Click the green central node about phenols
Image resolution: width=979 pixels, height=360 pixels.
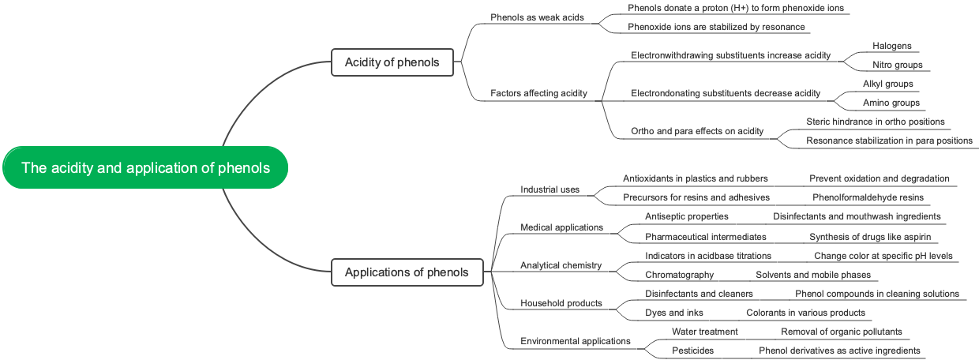coord(145,167)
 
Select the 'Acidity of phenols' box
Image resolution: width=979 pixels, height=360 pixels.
coord(392,62)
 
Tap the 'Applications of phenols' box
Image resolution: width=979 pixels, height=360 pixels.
coord(407,272)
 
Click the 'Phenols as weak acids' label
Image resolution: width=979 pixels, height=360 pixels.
coord(537,17)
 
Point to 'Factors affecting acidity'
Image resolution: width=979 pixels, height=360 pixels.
coord(538,93)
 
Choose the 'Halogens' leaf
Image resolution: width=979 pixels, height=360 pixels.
coord(891,46)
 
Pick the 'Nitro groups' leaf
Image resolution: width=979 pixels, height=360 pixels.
coord(897,65)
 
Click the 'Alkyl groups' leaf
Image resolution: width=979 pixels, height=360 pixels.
coord(887,84)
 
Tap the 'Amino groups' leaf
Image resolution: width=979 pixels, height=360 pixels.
coord(891,103)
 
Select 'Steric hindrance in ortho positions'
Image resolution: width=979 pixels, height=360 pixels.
coord(875,122)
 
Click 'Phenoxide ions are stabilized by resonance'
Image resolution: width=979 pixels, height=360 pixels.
coord(716,27)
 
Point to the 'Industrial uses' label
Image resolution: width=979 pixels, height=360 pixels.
coord(550,189)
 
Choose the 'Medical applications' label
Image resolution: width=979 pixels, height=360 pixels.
coord(561,227)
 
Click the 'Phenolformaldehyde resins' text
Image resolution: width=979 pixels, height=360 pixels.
coord(868,197)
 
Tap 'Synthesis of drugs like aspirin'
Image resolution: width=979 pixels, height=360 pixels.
coord(870,237)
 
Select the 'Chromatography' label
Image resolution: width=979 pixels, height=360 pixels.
coord(679,275)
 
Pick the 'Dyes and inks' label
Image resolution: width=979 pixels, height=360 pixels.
coord(673,313)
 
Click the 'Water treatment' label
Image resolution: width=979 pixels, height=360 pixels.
coord(704,332)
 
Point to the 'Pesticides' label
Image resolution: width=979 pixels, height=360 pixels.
coord(692,351)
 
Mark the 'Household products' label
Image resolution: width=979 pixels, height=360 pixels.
coord(561,303)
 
